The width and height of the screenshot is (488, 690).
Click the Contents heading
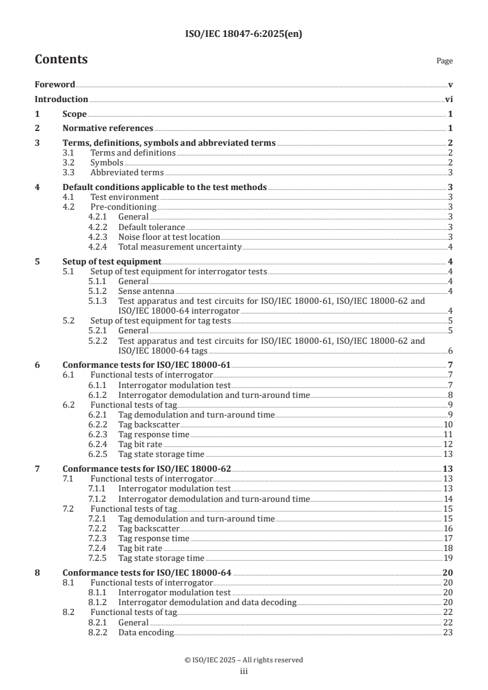(61, 60)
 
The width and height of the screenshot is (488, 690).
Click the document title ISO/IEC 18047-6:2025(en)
(244, 34)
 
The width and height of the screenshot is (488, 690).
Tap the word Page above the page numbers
(444, 61)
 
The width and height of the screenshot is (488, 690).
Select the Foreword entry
(55, 85)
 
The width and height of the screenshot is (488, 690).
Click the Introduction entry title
(61, 99)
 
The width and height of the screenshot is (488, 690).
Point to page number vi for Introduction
(449, 99)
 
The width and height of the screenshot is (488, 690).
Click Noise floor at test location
(169, 237)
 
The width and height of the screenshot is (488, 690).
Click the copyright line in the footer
(244, 660)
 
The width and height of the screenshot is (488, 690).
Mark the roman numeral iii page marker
(244, 671)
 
